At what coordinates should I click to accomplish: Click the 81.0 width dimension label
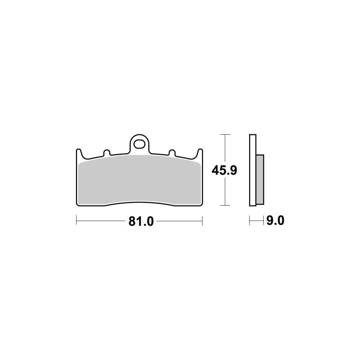[x=141, y=221]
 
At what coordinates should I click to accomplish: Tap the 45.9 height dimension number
[x=224, y=171]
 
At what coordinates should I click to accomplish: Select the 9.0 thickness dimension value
[x=275, y=221]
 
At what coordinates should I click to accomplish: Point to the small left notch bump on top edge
[x=107, y=152]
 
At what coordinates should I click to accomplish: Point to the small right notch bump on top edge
[x=172, y=152]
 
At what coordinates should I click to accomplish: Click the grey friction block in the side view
[x=260, y=180]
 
